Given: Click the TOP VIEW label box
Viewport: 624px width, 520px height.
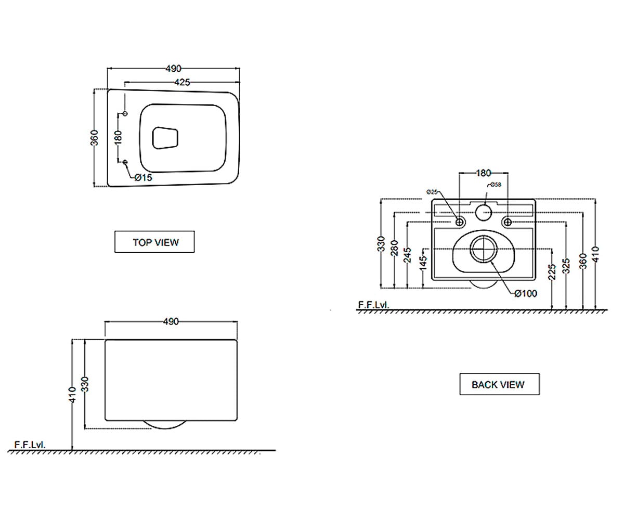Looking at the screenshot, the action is [x=154, y=242].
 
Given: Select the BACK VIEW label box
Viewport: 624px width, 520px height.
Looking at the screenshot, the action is [x=499, y=384].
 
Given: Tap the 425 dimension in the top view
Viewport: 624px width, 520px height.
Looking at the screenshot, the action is [x=183, y=82].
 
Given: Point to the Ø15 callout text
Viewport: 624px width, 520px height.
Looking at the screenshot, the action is [x=144, y=177].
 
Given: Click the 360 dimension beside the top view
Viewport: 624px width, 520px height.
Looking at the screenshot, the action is [x=94, y=138].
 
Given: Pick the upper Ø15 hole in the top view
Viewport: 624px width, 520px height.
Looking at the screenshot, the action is [x=125, y=113].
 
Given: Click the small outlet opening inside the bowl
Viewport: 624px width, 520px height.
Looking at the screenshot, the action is [x=165, y=138].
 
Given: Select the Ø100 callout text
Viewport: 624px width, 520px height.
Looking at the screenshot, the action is [x=526, y=294].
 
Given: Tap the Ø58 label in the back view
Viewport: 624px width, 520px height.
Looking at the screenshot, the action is [x=496, y=185].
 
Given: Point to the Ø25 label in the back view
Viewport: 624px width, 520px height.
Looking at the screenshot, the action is [x=432, y=192].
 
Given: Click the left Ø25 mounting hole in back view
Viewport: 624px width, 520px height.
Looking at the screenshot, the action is [x=460, y=222].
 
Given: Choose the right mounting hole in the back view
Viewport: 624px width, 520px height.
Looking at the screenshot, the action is [x=508, y=222].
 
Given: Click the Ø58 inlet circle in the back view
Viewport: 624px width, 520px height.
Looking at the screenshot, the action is [x=484, y=213].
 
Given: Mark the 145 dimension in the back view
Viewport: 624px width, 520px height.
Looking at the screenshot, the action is [x=423, y=263].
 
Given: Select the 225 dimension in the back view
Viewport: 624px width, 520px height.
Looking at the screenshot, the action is [x=552, y=271].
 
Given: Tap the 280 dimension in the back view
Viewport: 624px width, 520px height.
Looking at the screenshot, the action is [x=395, y=248].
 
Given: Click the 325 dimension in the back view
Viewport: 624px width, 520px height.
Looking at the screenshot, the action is [x=566, y=266].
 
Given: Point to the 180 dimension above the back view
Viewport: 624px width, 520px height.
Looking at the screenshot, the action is [x=484, y=173].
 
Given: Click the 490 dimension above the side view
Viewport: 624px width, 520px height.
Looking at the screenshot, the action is [x=171, y=321].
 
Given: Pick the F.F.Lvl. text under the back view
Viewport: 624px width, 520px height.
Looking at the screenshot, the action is [x=373, y=305].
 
